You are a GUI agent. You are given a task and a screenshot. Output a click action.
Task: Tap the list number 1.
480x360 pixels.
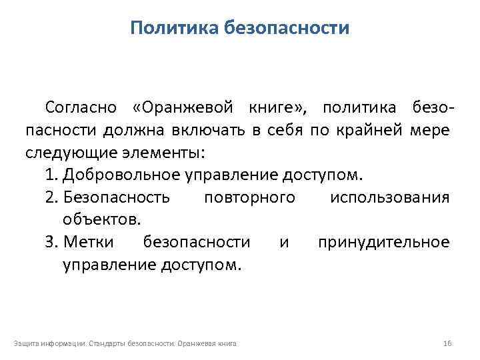pos(51,175)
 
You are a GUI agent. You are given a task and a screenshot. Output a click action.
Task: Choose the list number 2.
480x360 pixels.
pos(51,197)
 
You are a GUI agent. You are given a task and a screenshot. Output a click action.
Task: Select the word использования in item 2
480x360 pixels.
pos(389,197)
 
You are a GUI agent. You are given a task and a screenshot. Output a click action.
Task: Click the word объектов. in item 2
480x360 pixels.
pos(101,219)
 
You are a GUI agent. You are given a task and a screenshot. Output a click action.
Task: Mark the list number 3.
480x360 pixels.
pos(51,242)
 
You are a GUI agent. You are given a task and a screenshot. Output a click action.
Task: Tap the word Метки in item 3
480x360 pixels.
pos(89,242)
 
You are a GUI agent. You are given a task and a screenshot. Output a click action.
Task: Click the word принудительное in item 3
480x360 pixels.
pos(383,242)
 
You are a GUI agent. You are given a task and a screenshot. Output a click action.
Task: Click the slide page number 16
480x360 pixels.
pos(447,343)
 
